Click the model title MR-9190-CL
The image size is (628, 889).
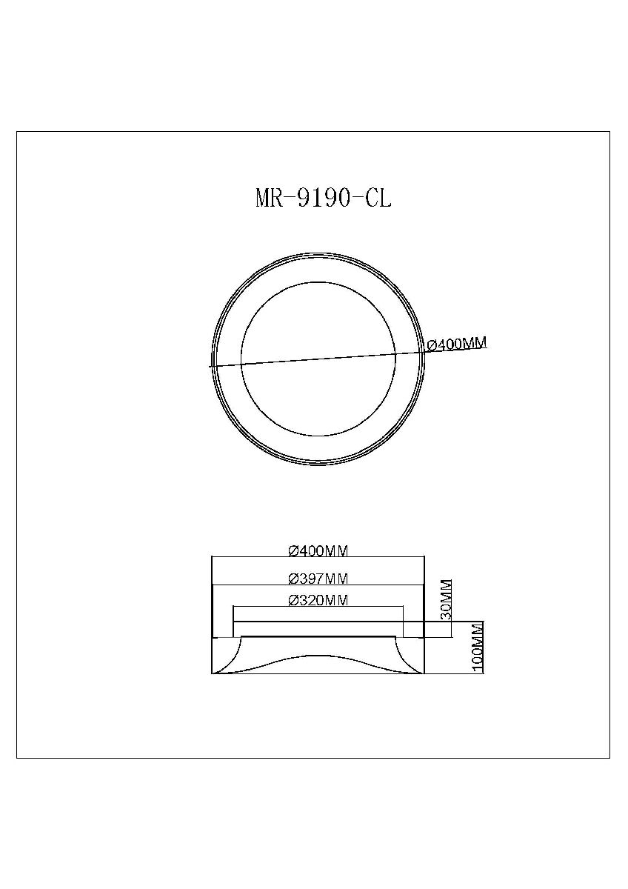point(322,199)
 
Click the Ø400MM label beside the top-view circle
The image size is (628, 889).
point(457,344)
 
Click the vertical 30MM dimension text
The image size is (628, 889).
point(446,600)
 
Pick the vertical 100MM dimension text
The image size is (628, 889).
point(477,647)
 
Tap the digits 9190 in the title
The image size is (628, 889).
point(322,199)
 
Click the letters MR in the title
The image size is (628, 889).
point(268,199)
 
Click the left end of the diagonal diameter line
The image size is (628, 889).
point(210,366)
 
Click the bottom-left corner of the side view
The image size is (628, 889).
point(212,673)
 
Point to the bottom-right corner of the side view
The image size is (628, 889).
point(423,673)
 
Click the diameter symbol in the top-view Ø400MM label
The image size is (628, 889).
point(432,345)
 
